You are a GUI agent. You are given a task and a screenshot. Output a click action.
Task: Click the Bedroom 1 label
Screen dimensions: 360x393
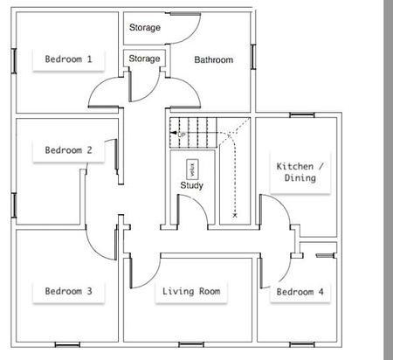coord(68,59)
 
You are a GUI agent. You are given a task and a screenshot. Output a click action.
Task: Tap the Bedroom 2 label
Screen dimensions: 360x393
coord(68,149)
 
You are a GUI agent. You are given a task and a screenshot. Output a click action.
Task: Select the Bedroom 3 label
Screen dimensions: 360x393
coord(68,291)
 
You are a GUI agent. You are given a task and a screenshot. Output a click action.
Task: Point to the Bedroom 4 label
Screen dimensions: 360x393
coord(300,291)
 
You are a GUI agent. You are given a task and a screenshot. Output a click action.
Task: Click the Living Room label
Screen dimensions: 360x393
coord(190,291)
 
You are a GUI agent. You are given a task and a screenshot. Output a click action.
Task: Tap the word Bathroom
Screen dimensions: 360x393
coord(213,60)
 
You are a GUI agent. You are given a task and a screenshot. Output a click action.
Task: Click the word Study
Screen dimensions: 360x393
coord(191,185)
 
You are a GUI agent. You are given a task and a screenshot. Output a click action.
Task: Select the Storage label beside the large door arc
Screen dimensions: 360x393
coord(145,28)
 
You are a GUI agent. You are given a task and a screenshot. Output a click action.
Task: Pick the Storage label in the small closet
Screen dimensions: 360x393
coord(144,59)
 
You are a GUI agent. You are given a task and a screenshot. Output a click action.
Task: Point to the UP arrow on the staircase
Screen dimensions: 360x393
coord(179,135)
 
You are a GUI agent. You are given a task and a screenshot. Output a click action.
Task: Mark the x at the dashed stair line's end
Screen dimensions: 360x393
coord(236,213)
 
